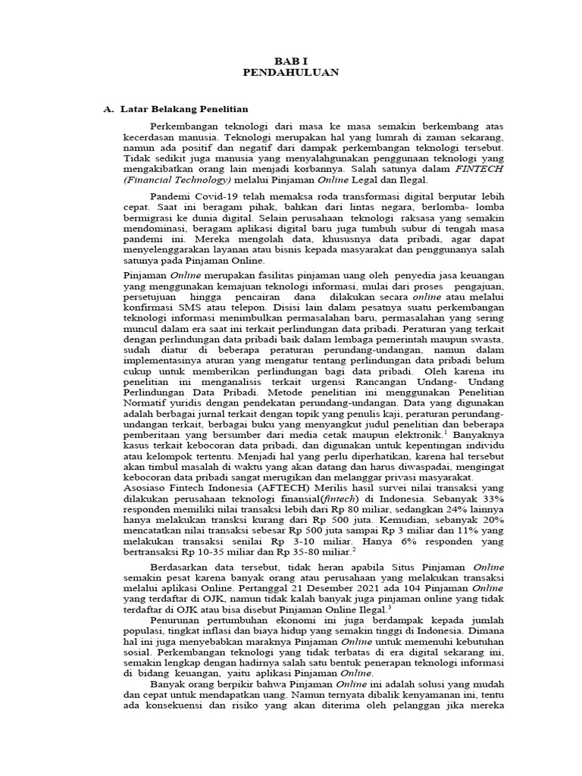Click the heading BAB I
291,60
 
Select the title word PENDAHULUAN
291,72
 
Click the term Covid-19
212,193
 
